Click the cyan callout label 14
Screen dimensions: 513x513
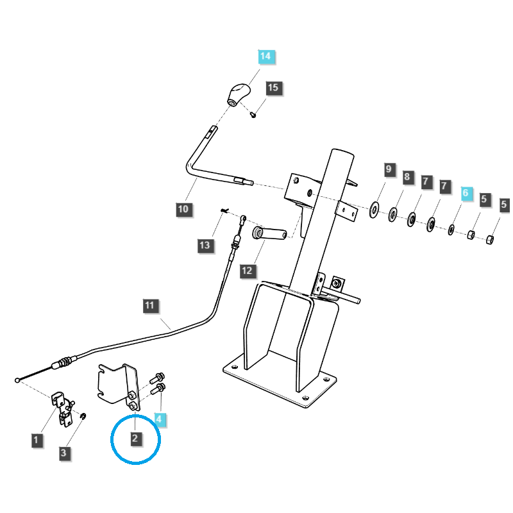pyautogui.click(x=265, y=56)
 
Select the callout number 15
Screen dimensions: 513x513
pyautogui.click(x=274, y=88)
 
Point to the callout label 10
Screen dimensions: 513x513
pyautogui.click(x=183, y=209)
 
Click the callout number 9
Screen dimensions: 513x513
pyautogui.click(x=389, y=169)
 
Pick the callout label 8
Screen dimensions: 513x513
pyautogui.click(x=407, y=176)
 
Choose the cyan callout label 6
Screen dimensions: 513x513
pyautogui.click(x=466, y=192)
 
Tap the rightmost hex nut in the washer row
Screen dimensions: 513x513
pyautogui.click(x=487, y=240)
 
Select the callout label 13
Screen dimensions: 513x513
pyautogui.click(x=205, y=245)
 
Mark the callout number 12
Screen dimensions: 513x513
pyautogui.click(x=248, y=271)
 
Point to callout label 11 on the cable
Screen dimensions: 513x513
pyautogui.click(x=149, y=306)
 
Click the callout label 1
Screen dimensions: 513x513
pyautogui.click(x=37, y=440)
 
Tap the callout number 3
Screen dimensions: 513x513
pyautogui.click(x=63, y=453)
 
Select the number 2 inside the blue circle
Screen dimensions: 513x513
pyautogui.click(x=135, y=439)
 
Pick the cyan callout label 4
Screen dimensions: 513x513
pyautogui.click(x=160, y=421)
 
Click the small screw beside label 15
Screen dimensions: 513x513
pyautogui.click(x=253, y=115)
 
